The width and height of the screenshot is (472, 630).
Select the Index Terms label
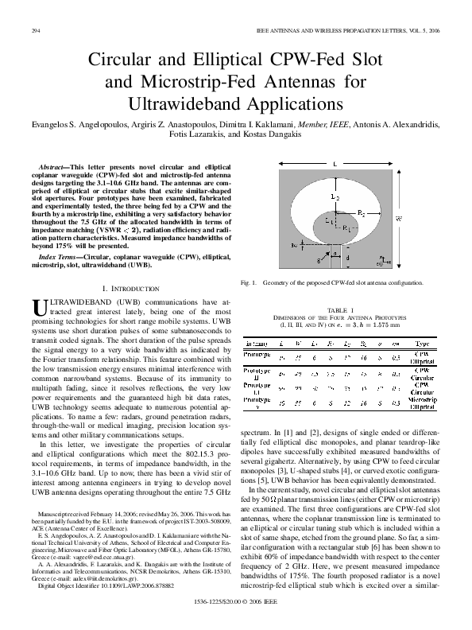60,258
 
